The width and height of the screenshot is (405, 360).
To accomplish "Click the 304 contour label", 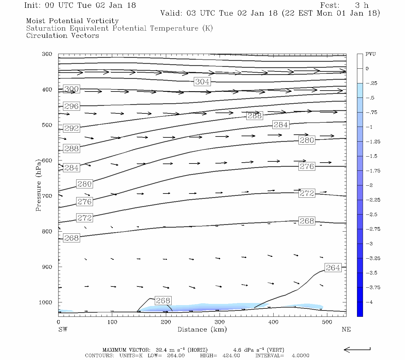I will pyautogui.click(x=202, y=82).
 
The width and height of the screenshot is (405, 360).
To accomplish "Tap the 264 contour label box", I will pyautogui.click(x=333, y=268).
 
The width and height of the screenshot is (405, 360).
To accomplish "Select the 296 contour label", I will pyautogui.click(x=71, y=106).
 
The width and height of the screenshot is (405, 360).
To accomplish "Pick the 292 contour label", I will pyautogui.click(x=71, y=128).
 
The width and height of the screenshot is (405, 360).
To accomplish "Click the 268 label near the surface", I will pyautogui.click(x=163, y=301).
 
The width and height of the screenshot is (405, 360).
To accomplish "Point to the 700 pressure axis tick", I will pyautogui.click(x=47, y=196).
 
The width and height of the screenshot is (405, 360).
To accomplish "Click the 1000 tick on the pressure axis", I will pyautogui.click(x=45, y=302).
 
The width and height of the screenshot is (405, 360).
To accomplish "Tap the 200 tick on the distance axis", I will pyautogui.click(x=166, y=322).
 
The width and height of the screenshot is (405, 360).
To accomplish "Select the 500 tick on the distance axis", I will pyautogui.click(x=327, y=322).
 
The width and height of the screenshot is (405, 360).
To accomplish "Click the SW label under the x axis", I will pyautogui.click(x=63, y=329).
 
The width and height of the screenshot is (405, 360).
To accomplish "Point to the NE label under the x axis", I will pyautogui.click(x=346, y=329).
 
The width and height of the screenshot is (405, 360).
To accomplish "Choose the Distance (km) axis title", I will pyautogui.click(x=202, y=329).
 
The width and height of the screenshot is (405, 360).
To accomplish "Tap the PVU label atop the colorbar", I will pyautogui.click(x=370, y=54).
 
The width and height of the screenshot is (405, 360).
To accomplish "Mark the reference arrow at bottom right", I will pyautogui.click(x=357, y=349).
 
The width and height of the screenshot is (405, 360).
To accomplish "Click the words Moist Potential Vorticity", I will pyautogui.click(x=72, y=21).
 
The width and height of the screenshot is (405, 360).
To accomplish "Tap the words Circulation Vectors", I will pyautogui.click(x=62, y=36).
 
